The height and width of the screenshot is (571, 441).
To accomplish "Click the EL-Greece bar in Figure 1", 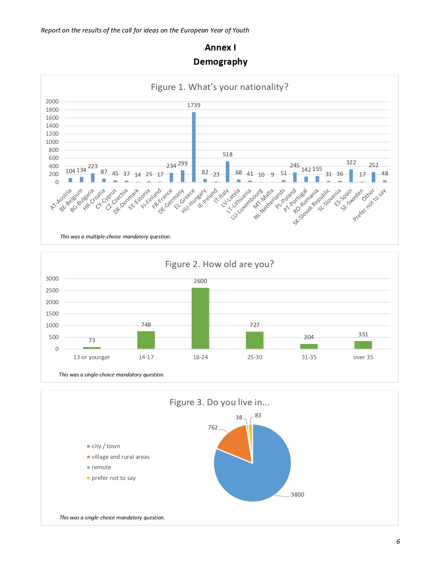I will click(194, 147).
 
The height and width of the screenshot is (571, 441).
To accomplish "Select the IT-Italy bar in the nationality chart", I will click(228, 172).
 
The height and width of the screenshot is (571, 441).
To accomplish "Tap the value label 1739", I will click(194, 105).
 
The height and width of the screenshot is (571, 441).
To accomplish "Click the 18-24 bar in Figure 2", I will click(200, 318).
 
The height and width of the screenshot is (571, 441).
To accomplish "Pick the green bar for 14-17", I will click(146, 340).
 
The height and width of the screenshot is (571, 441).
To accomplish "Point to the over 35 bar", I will click(363, 345).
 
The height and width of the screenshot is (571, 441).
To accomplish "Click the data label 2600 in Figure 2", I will click(200, 281).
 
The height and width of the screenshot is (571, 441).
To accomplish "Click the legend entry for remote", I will click(101, 467).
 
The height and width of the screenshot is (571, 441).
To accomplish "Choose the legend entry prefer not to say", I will click(113, 478).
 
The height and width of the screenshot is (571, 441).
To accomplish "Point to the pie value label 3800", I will click(297, 495).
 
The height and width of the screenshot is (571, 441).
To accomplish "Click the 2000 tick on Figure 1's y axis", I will click(52, 101).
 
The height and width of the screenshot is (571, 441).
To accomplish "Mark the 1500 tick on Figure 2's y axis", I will click(52, 314).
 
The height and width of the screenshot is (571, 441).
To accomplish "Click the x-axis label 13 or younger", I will click(92, 357).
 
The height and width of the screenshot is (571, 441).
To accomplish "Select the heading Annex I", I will click(220, 47).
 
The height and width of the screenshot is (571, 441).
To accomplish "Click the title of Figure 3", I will click(219, 402).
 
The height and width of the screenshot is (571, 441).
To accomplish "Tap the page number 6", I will click(398, 542).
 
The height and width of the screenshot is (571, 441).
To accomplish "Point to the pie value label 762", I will click(213, 427).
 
